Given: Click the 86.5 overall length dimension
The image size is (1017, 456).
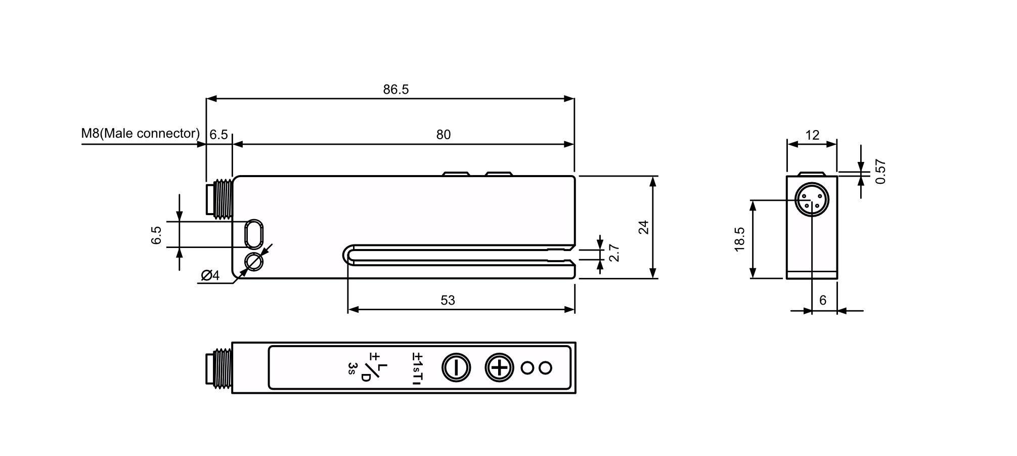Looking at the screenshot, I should point(395,90).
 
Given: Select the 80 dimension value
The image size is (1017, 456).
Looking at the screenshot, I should point(443,135).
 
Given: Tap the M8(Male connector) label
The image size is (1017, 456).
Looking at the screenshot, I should point(141,133).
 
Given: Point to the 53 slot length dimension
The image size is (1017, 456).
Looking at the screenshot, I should point(448,301).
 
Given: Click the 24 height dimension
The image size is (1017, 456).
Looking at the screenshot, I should point(643,227).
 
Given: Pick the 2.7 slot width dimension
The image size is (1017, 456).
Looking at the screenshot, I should point(614,253).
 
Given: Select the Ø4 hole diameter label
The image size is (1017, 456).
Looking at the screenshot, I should point(210,275).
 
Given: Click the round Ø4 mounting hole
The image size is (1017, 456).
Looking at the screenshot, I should point(253,262).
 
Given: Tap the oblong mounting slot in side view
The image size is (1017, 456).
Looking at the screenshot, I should point(253,234).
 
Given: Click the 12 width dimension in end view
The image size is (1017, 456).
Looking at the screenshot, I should point(812,135).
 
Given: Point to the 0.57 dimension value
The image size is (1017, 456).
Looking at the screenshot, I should point(880,172).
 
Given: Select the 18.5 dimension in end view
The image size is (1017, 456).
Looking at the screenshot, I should point(740,239).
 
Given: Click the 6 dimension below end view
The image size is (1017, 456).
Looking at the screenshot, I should point(823,301).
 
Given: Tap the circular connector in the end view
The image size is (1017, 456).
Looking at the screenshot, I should point(812,200).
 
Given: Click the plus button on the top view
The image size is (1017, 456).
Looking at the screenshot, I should point(499,367).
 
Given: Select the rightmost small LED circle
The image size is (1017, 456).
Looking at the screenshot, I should point(545,368).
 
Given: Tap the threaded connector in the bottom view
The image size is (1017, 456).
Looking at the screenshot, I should point(219,368).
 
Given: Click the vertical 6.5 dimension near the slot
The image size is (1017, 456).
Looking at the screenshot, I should point(156,235).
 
